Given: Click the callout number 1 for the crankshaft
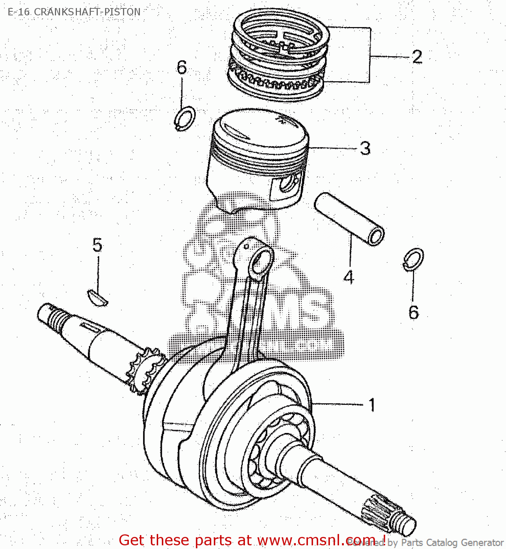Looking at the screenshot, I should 372,405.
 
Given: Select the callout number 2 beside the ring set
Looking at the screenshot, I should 417,57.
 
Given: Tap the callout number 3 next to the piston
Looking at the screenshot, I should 365,149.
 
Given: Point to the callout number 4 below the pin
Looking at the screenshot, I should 349,277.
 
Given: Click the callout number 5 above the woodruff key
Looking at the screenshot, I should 97,245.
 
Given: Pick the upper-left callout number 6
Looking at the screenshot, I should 182,67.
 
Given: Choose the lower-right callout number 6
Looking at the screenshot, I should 414,312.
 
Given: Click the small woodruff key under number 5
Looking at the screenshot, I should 97,297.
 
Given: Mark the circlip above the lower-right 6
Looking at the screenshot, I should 414,259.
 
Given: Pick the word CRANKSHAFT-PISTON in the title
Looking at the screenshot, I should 87,12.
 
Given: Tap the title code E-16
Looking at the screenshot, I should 19,12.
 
